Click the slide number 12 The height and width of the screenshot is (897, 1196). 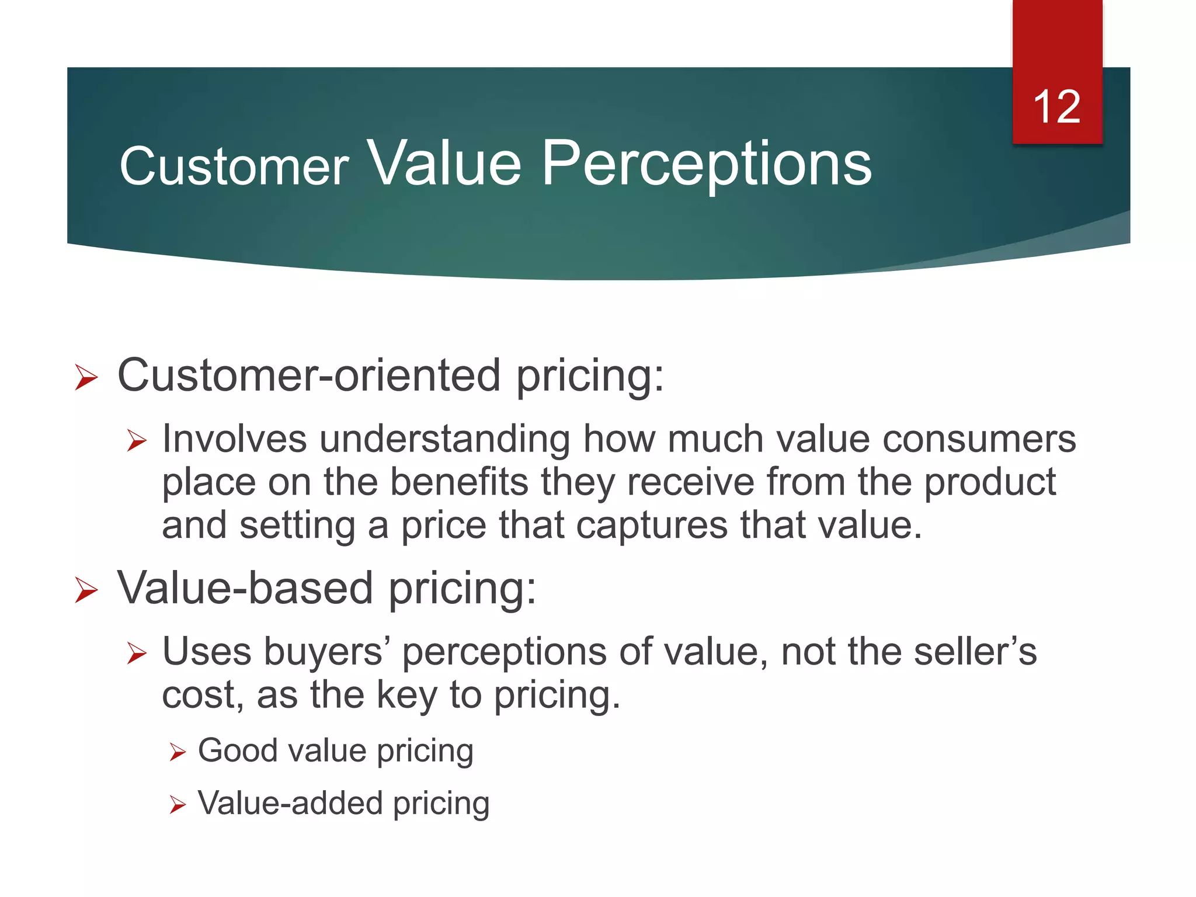pos(1056,107)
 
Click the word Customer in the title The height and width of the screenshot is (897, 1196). pos(234,167)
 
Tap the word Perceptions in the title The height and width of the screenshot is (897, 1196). pos(707,165)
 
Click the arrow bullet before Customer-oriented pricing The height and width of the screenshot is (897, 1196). pos(86,377)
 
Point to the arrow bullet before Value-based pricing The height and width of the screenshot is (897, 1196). pos(86,590)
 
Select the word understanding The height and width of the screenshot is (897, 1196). pos(444,440)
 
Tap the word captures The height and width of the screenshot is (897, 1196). pos(652,526)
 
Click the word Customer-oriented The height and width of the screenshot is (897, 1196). pos(309,376)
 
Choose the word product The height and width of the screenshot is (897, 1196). pos(990,483)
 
